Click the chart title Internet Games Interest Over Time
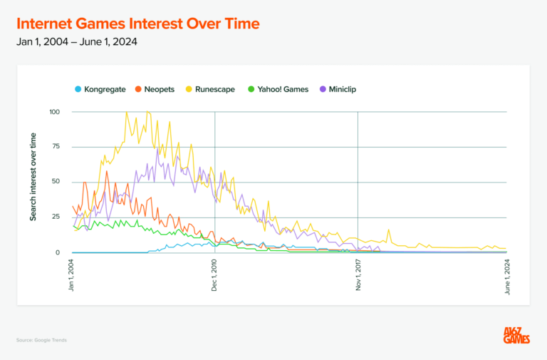point(138,24)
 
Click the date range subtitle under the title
point(77,41)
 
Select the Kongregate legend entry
point(104,89)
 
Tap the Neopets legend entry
point(159,89)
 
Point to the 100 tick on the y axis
point(55,112)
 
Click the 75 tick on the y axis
point(56,147)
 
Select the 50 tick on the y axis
point(56,182)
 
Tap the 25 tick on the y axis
point(56,217)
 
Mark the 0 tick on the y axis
point(58,252)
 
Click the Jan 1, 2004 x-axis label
point(73,275)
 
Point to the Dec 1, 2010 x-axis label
point(215,275)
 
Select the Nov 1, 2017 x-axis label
point(358,275)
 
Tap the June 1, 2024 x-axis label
point(507,275)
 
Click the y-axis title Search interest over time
point(33,181)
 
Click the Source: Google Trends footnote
point(41,340)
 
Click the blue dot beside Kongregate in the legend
point(77,89)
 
